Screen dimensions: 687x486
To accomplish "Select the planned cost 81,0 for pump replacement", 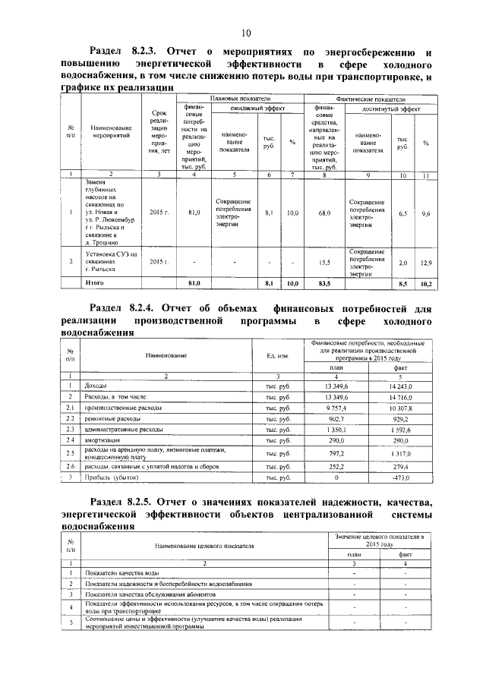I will (194, 214).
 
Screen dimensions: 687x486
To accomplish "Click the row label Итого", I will (94, 283).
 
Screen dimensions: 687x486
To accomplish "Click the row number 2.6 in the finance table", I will (70, 466).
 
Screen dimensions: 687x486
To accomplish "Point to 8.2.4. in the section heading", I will (142, 308).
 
